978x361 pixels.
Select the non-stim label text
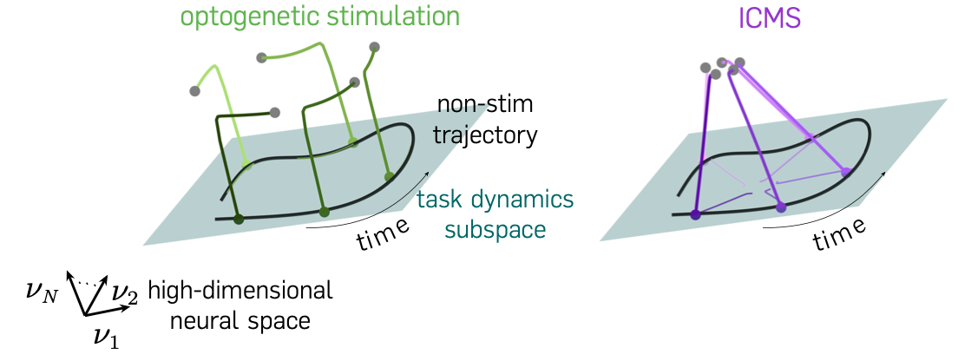point(485,107)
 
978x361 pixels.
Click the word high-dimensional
point(240,292)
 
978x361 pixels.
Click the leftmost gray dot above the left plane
point(194,90)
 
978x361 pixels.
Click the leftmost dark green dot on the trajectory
point(239,219)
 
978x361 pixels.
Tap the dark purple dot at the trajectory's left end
point(695,214)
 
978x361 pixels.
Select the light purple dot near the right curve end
point(846,173)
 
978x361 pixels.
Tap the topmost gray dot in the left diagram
point(374,47)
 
